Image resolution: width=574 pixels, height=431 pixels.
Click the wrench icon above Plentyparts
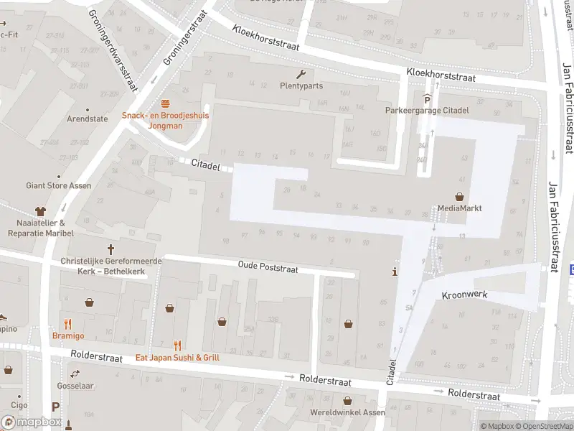[x=301, y=74]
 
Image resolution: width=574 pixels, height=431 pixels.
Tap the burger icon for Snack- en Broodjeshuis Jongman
[x=165, y=103]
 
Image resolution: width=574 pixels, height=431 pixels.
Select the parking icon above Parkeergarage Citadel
[x=427, y=99]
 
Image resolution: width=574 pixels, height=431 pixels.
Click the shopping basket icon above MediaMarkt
[x=459, y=197]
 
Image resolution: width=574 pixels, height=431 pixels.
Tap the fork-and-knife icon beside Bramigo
[x=67, y=324]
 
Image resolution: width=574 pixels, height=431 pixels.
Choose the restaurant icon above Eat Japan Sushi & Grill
[x=177, y=346]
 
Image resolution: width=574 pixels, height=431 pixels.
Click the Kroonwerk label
[x=465, y=295]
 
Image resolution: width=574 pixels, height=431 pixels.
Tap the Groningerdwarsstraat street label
[x=112, y=50]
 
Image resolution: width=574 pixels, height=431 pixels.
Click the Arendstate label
[x=87, y=119]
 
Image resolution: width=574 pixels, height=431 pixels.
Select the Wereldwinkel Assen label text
[x=348, y=413]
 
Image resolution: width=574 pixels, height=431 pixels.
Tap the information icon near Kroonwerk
[x=394, y=272]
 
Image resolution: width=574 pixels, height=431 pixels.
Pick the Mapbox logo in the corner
[x=32, y=422]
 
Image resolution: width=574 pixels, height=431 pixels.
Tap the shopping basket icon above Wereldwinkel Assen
[x=348, y=401]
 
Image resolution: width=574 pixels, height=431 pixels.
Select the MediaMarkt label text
[x=459, y=209]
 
